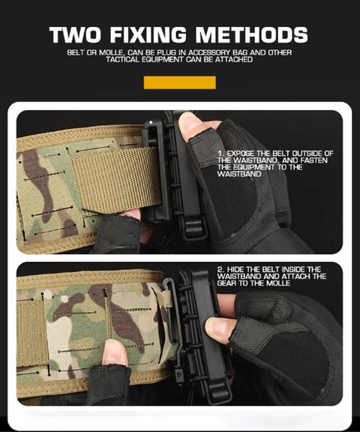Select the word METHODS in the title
pyautogui.click(x=253, y=34)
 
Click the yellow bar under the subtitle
pyautogui.click(x=179, y=82)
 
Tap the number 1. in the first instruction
pyautogui.click(x=221, y=154)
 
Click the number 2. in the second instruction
pyautogui.click(x=221, y=269)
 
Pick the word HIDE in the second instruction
pyautogui.click(x=238, y=269)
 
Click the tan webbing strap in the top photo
pyautogui.click(x=116, y=181)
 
